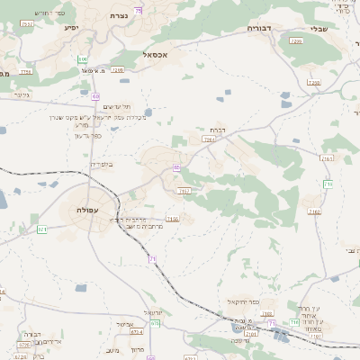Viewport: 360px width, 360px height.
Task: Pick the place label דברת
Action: coord(215,130)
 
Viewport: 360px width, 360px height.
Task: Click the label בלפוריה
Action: coord(103,165)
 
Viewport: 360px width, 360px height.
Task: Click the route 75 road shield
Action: coord(139,10)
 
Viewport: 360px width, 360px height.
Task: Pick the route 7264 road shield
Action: coord(209,139)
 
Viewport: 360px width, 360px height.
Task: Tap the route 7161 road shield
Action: coord(326,158)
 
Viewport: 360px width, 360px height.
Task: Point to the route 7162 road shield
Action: coord(314,211)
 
